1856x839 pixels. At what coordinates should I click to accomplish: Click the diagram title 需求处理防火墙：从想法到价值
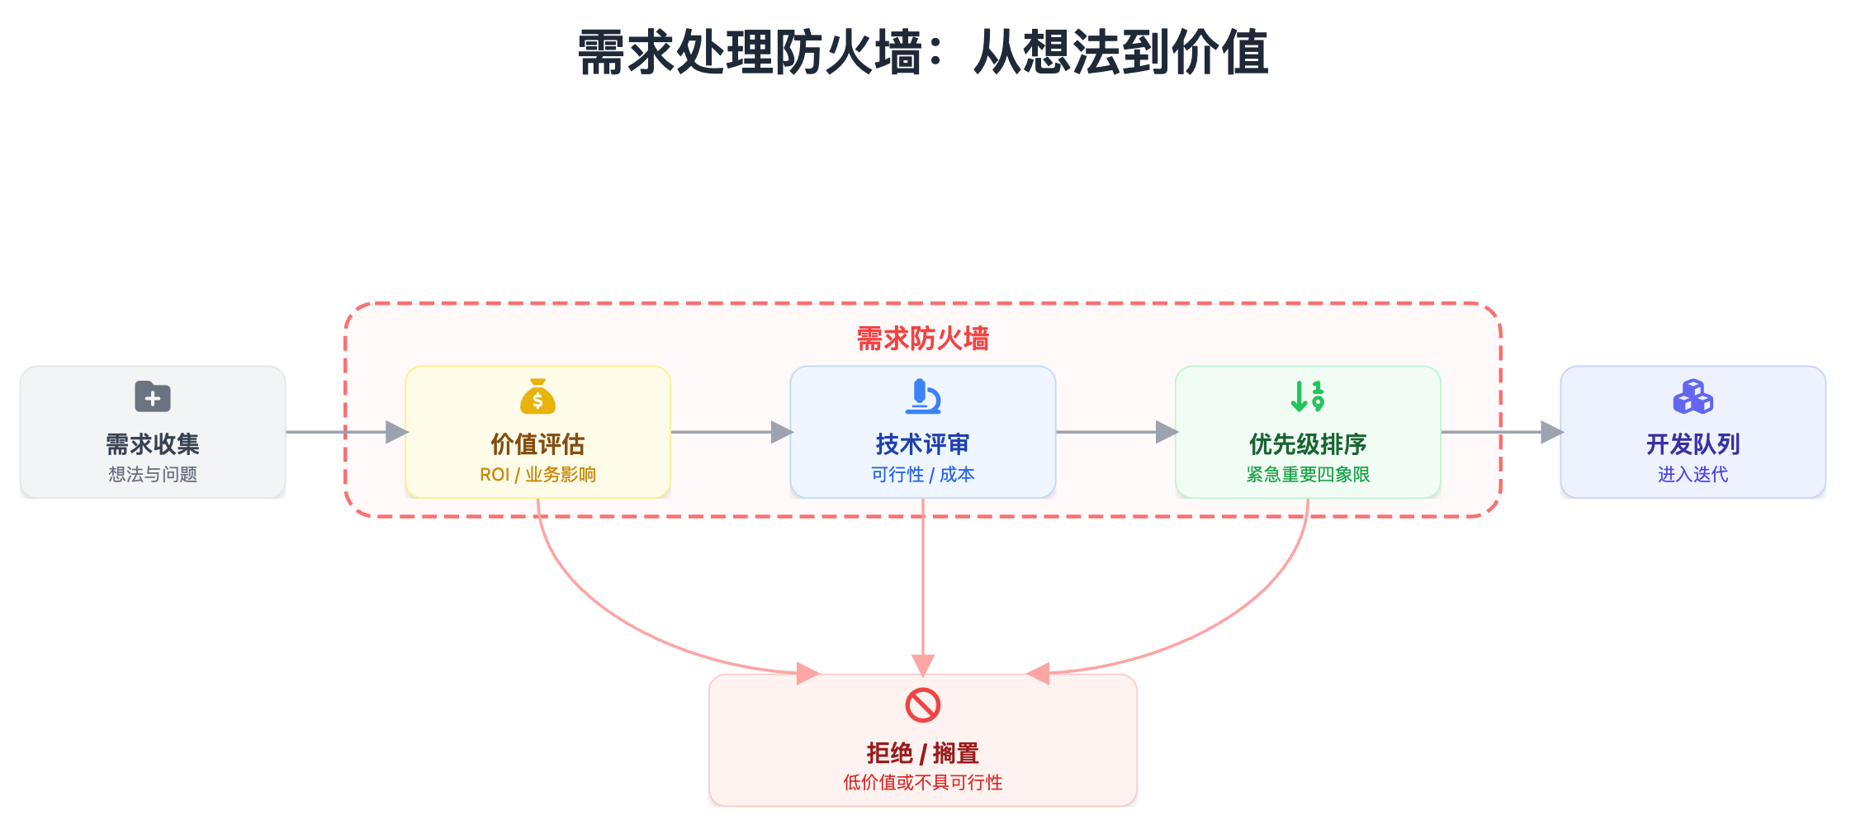pyautogui.click(x=922, y=52)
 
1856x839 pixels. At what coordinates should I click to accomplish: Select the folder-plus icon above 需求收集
pyautogui.click(x=153, y=397)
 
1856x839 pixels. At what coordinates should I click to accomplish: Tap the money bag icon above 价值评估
pyautogui.click(x=537, y=397)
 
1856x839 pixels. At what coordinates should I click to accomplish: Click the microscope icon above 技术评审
pyautogui.click(x=923, y=397)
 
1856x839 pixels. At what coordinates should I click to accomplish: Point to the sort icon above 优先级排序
pyautogui.click(x=1308, y=397)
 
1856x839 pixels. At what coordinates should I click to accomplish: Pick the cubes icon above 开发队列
pyautogui.click(x=1693, y=397)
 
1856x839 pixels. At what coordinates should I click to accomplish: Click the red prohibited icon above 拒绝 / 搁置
pyautogui.click(x=923, y=705)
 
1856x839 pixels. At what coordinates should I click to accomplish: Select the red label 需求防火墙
pyautogui.click(x=922, y=339)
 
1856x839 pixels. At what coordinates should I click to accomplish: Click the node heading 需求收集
pyautogui.click(x=153, y=444)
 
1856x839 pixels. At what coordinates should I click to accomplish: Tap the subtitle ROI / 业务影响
pyautogui.click(x=537, y=475)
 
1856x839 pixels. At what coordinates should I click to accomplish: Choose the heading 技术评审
pyautogui.click(x=922, y=444)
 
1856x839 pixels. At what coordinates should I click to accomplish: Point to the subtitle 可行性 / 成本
pyautogui.click(x=922, y=475)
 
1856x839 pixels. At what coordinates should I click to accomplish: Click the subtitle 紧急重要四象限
pyautogui.click(x=1308, y=475)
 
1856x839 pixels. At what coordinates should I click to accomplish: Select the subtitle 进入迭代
pyautogui.click(x=1693, y=475)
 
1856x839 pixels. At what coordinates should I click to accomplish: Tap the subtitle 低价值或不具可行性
pyautogui.click(x=922, y=783)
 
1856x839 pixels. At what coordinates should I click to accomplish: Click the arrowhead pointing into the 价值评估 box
pyautogui.click(x=396, y=432)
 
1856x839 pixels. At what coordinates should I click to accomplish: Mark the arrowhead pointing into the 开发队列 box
pyautogui.click(x=1551, y=432)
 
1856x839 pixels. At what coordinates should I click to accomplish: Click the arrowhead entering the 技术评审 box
pyautogui.click(x=781, y=432)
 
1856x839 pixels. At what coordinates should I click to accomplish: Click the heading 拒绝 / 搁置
pyautogui.click(x=922, y=753)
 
